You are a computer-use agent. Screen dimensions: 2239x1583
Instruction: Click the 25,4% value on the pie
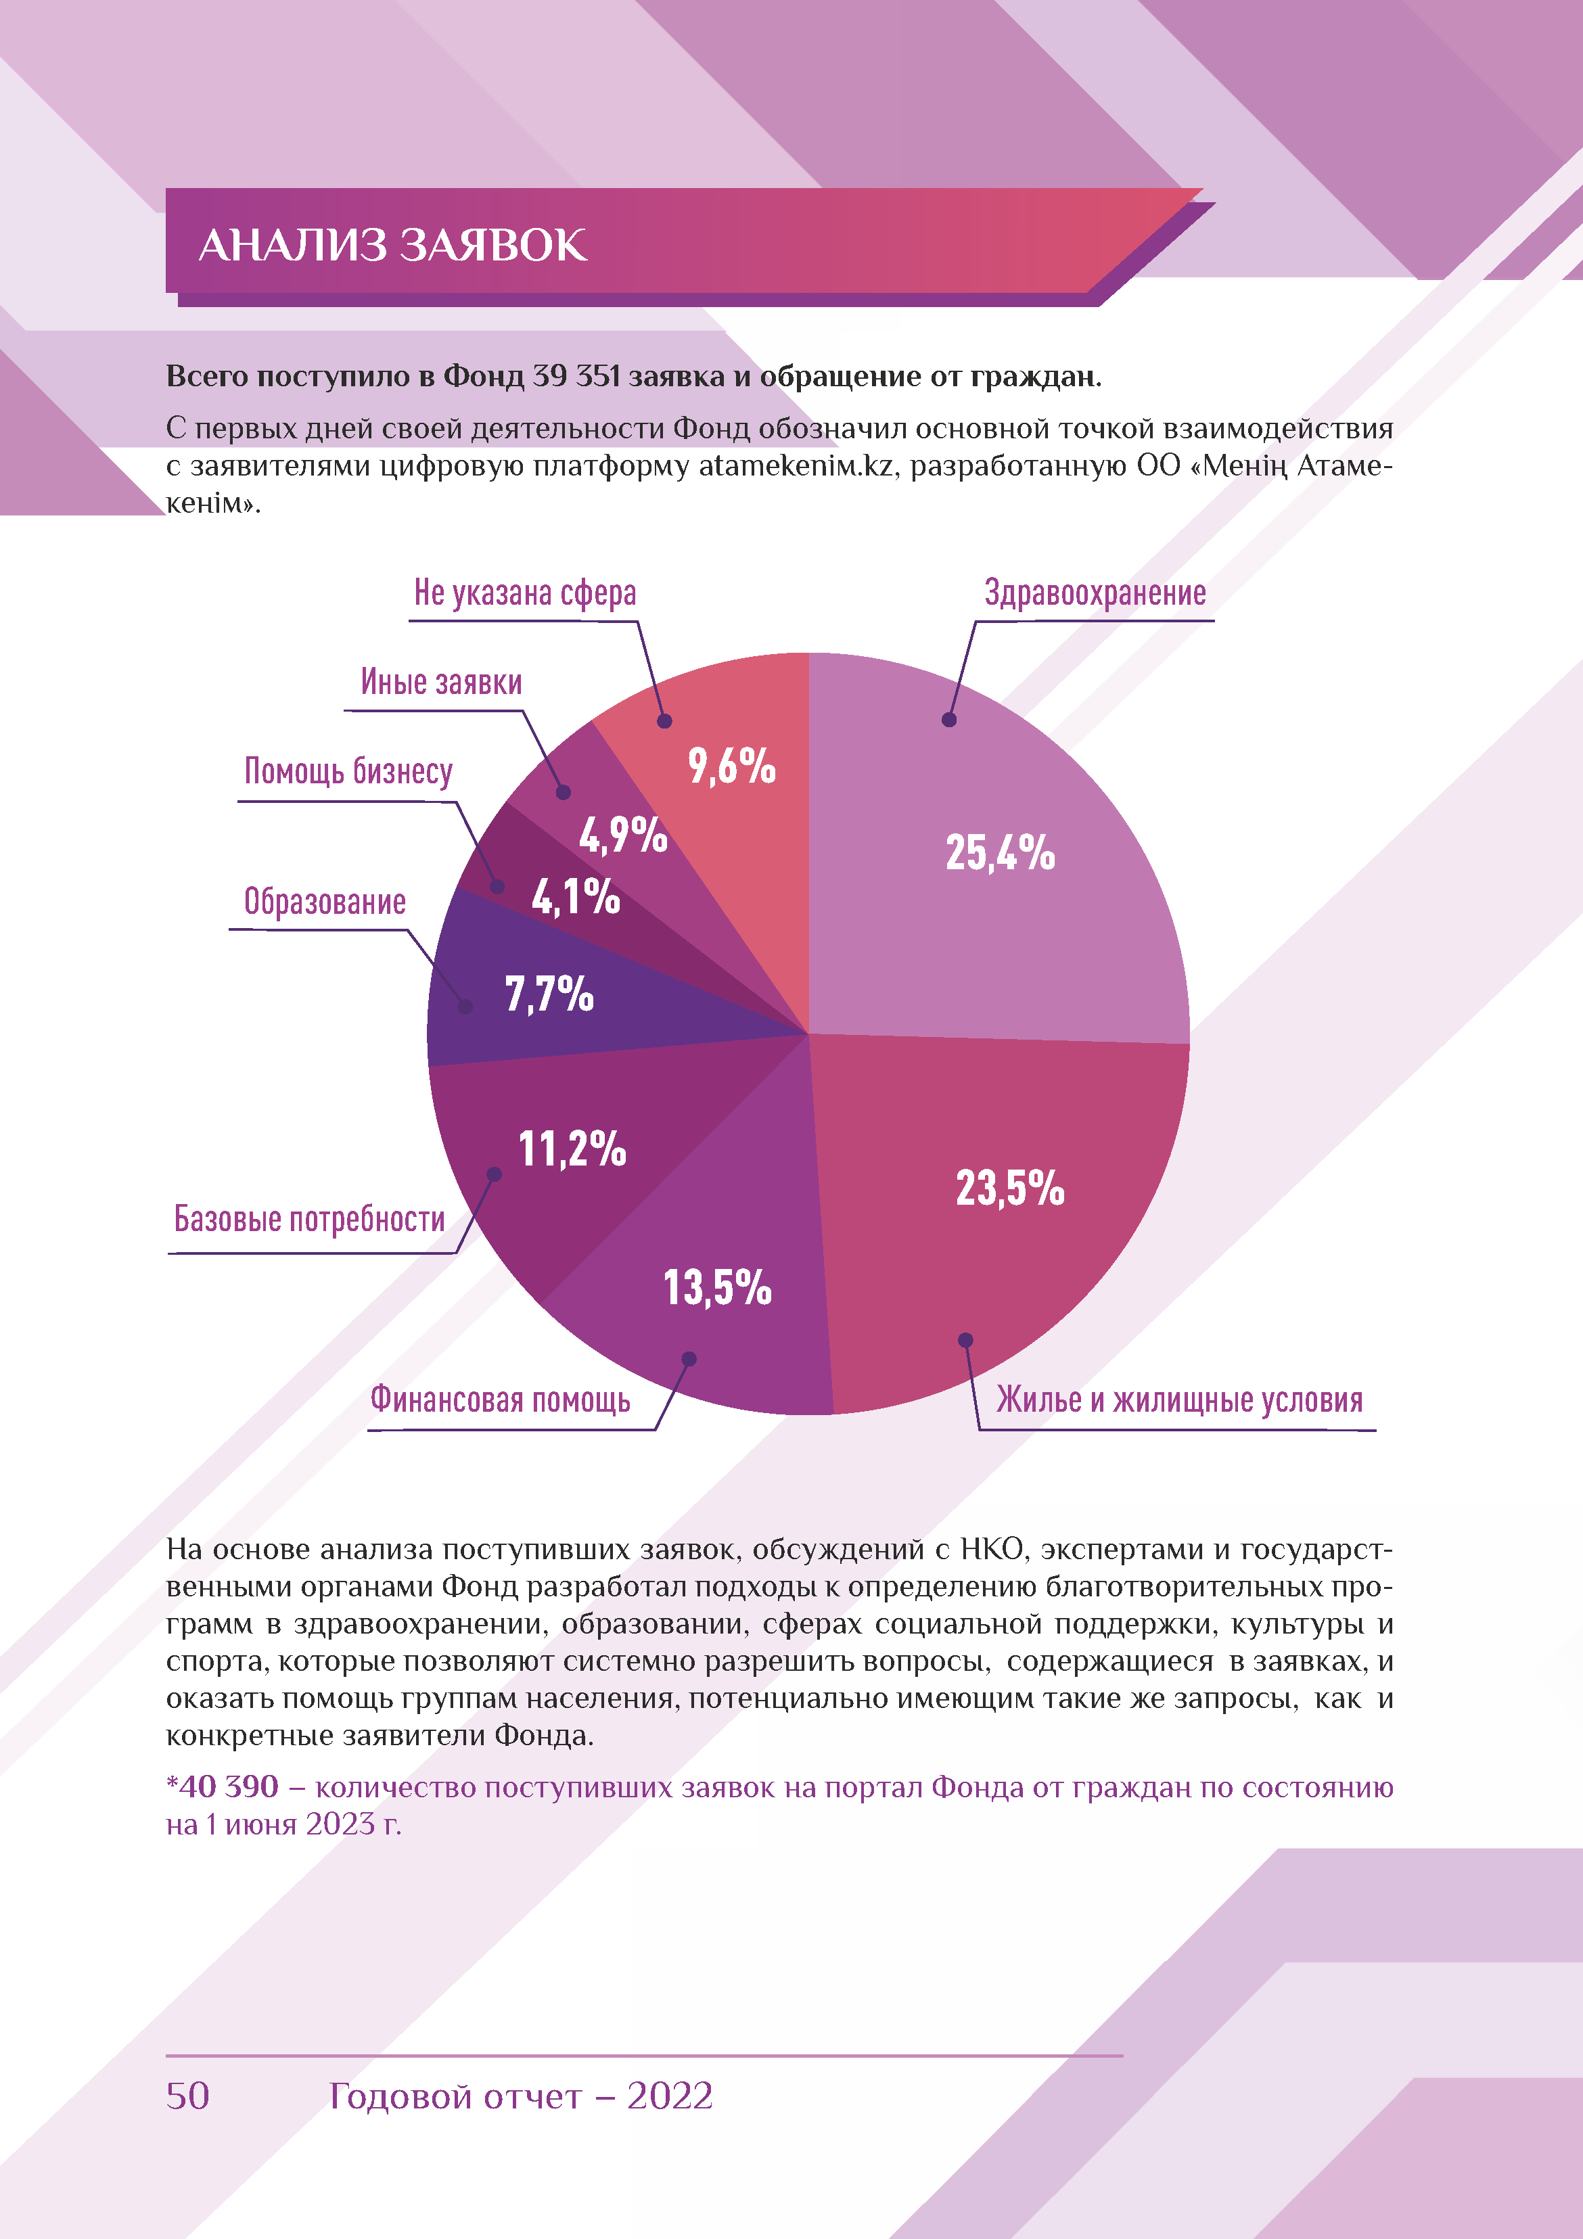point(1000,852)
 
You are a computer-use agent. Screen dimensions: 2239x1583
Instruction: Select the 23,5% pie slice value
point(1009,1188)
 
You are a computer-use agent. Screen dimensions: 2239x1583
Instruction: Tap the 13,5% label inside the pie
point(717,1287)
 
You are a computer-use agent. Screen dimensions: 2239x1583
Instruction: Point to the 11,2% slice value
point(572,1148)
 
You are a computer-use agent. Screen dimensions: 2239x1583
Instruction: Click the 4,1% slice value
point(576,896)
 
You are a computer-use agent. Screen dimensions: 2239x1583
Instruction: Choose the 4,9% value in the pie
point(622,835)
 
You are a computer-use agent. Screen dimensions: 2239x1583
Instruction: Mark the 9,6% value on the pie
point(731,766)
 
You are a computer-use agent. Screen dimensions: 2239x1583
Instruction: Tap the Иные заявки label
point(441,682)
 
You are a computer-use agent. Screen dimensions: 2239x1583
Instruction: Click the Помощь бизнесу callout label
point(348,771)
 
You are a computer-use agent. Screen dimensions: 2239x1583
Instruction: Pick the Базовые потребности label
point(309,1219)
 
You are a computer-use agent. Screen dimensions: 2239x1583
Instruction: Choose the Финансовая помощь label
point(499,1400)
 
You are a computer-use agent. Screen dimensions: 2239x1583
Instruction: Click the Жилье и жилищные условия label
point(1178,1400)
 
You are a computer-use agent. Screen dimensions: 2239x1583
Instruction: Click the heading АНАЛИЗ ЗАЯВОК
point(392,245)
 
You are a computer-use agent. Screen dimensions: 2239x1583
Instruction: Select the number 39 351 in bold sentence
point(576,376)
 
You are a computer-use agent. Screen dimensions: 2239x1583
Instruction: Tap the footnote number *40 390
point(223,1786)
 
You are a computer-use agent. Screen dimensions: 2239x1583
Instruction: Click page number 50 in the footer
point(187,2096)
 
